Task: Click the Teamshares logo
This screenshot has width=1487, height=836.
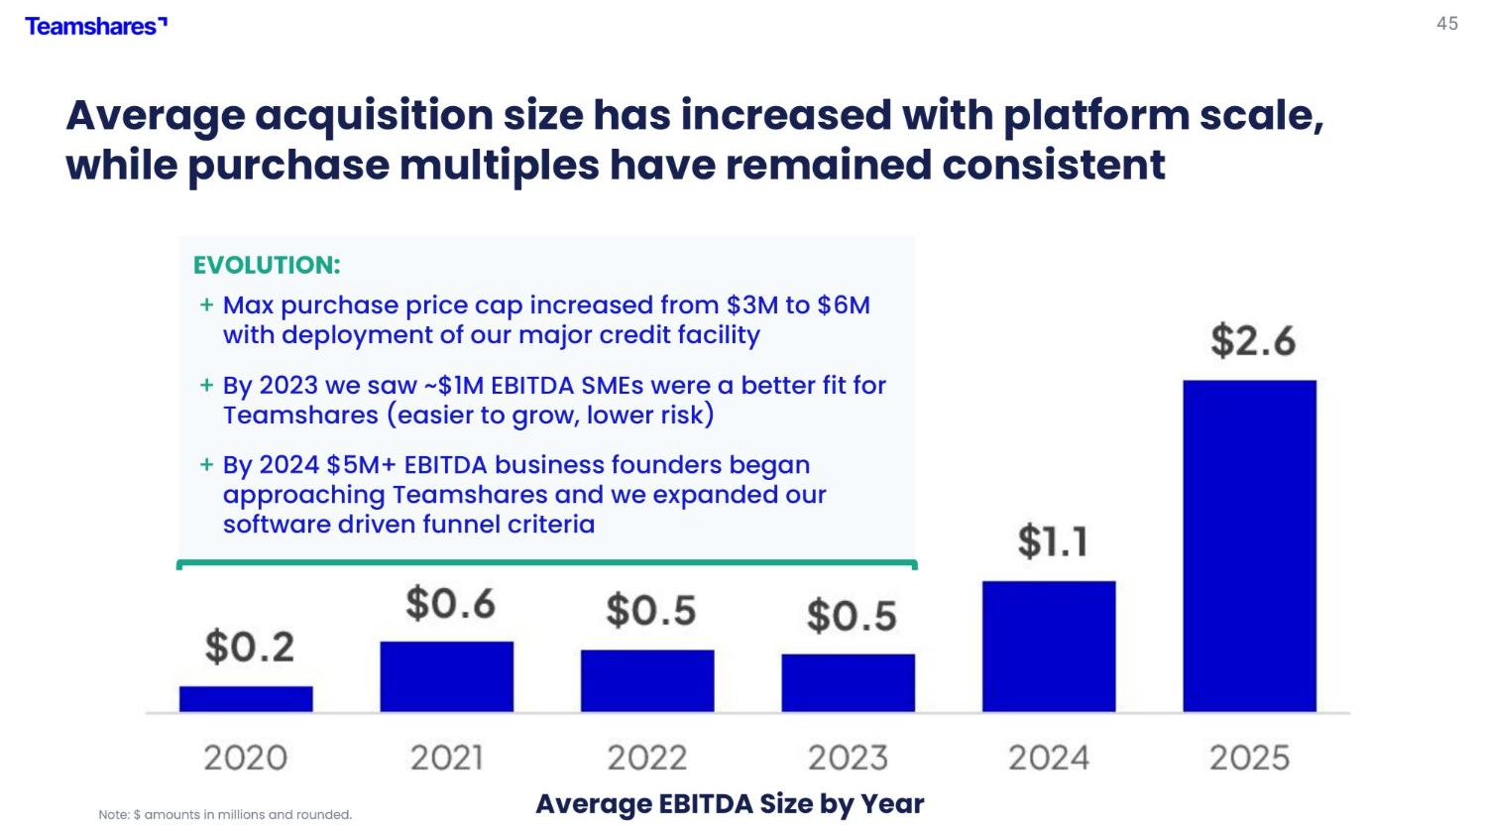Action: tap(96, 27)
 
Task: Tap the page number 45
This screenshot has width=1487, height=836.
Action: tap(1447, 24)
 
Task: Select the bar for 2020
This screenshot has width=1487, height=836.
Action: tap(246, 699)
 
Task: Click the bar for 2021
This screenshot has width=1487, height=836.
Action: tap(447, 676)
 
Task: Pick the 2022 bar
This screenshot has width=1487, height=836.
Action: tap(647, 681)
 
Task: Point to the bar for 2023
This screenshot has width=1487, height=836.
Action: tap(849, 683)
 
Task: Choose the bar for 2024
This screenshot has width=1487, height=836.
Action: tap(1049, 647)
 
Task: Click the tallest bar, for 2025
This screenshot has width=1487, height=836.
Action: tap(1249, 546)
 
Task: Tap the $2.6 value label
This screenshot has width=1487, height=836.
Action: tap(1253, 341)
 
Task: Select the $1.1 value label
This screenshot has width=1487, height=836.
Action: tap(1053, 541)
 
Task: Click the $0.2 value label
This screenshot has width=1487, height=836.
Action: tap(250, 648)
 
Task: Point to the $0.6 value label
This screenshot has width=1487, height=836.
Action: tap(451, 604)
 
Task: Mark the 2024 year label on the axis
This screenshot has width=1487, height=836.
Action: tap(1049, 758)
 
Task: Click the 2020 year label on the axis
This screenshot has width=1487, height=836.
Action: tap(246, 758)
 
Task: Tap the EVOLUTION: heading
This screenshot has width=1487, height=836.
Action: tap(267, 265)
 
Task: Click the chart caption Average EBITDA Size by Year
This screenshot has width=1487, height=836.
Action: tap(730, 804)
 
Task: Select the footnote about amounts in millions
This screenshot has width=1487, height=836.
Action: tap(225, 815)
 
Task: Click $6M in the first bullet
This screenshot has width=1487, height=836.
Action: tap(843, 305)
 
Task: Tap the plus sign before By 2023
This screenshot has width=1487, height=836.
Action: tap(206, 385)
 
